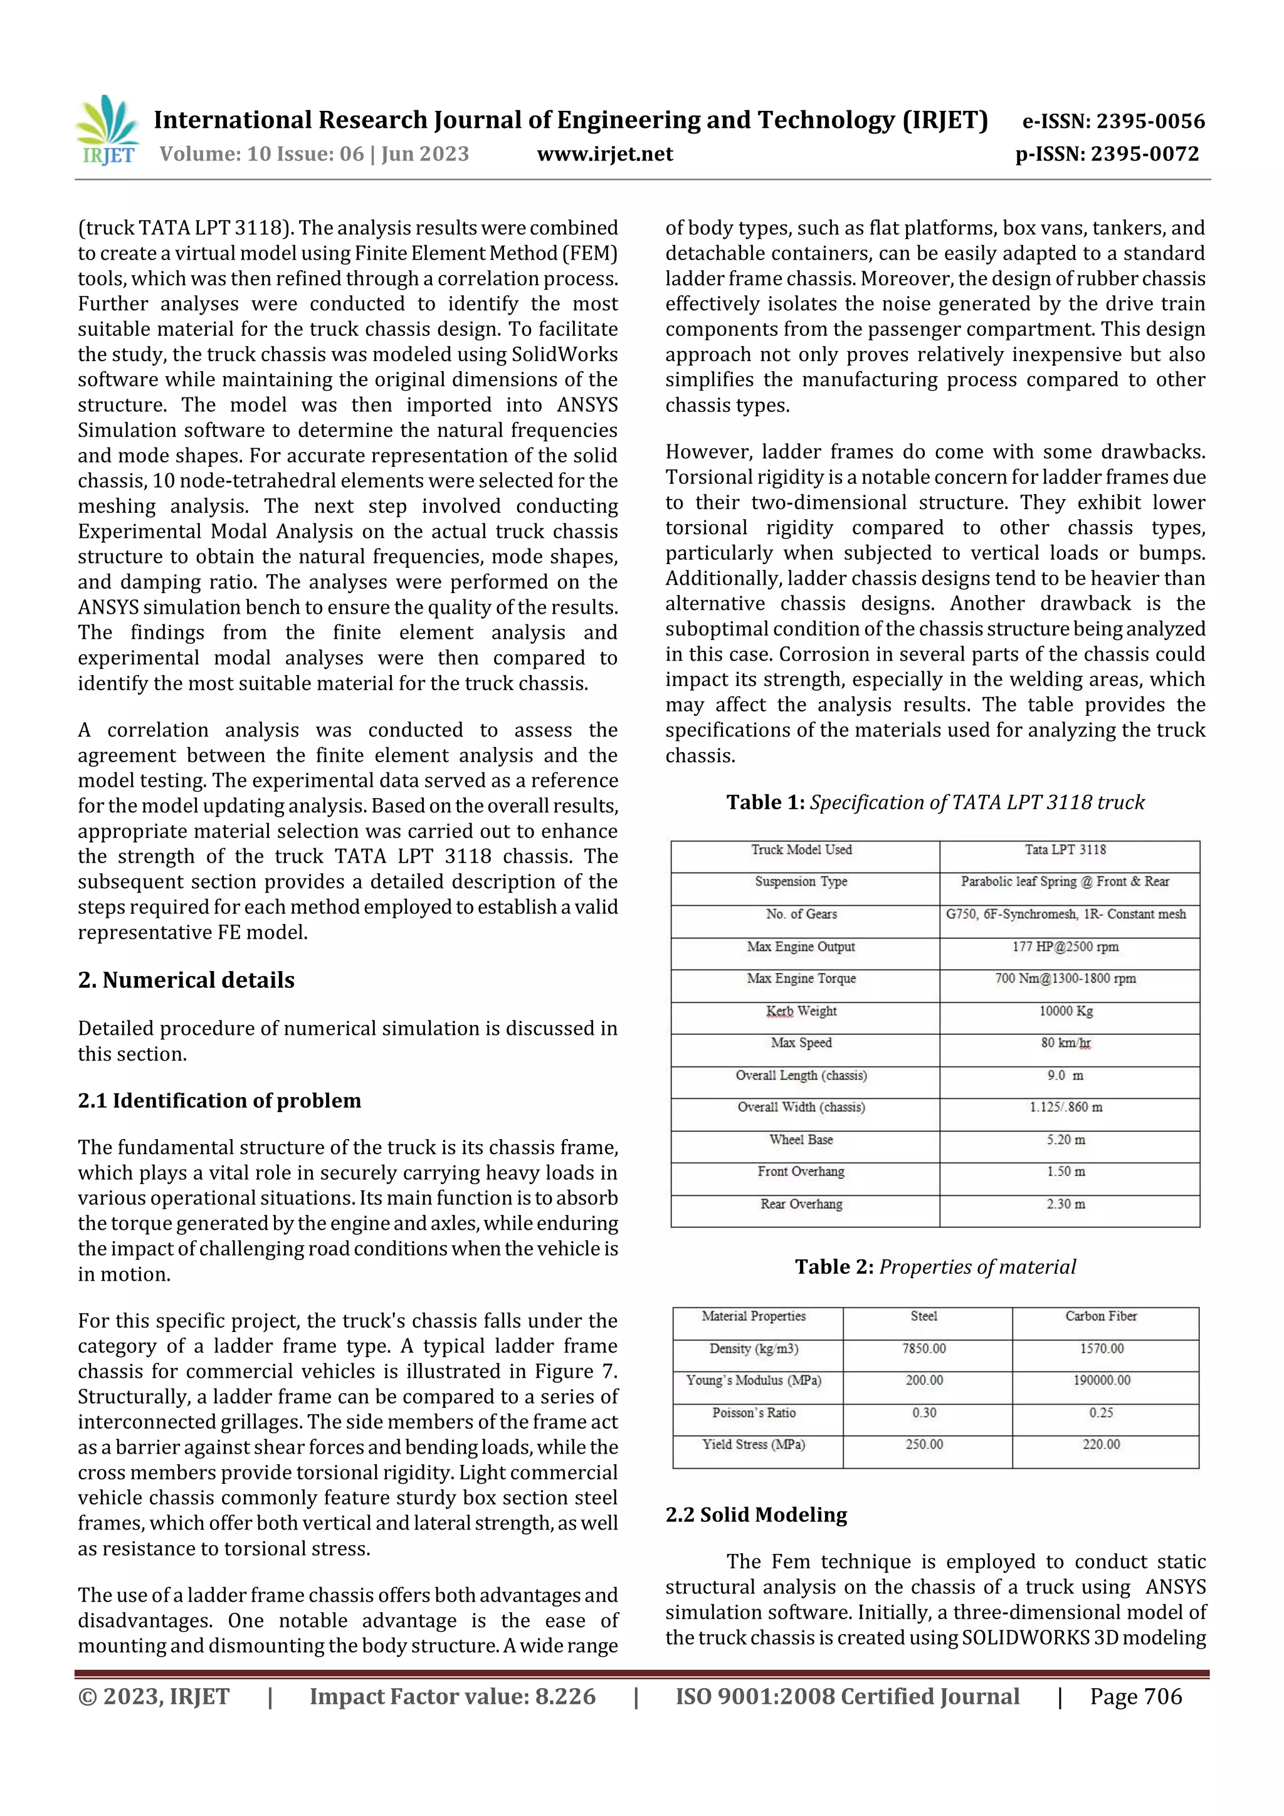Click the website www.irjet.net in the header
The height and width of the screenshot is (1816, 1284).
604,154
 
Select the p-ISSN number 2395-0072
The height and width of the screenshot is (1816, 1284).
1144,154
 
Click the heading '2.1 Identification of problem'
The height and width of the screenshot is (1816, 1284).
219,1100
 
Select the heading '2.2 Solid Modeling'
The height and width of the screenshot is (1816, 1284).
755,1514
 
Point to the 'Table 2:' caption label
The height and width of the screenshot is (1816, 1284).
834,1266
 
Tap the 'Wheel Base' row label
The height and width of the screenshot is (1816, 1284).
801,1140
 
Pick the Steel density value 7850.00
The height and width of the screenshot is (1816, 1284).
924,1348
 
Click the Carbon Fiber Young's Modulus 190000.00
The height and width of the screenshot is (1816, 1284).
1102,1380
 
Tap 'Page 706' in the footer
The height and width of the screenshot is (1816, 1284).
1135,1696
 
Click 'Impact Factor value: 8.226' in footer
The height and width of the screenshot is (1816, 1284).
452,1696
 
